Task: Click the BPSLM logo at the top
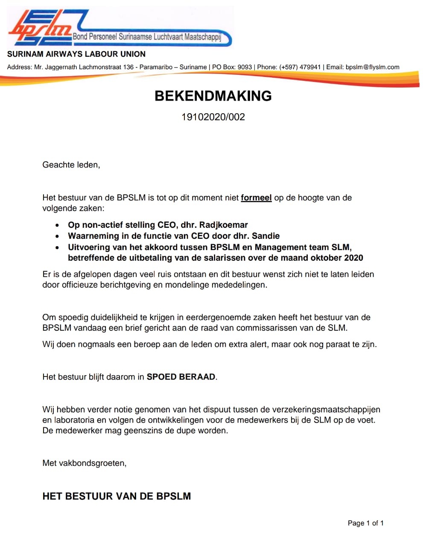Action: click(x=41, y=28)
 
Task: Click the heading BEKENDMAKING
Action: click(x=213, y=96)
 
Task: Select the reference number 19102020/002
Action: click(x=213, y=117)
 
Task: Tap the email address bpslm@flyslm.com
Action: click(x=372, y=67)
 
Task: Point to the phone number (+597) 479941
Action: click(x=300, y=67)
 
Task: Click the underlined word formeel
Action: click(x=256, y=198)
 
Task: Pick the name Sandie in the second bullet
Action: click(x=265, y=236)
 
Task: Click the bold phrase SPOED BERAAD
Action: click(x=181, y=377)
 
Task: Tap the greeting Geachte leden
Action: click(x=71, y=165)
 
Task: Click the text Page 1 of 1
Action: click(x=365, y=523)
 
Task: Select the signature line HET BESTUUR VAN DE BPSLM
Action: click(x=117, y=496)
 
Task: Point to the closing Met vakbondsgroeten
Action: click(x=84, y=463)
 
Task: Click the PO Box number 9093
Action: click(x=245, y=67)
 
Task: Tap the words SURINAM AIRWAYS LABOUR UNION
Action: click(x=76, y=54)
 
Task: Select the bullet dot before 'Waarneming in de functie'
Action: click(x=57, y=236)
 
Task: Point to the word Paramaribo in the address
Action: click(x=156, y=67)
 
